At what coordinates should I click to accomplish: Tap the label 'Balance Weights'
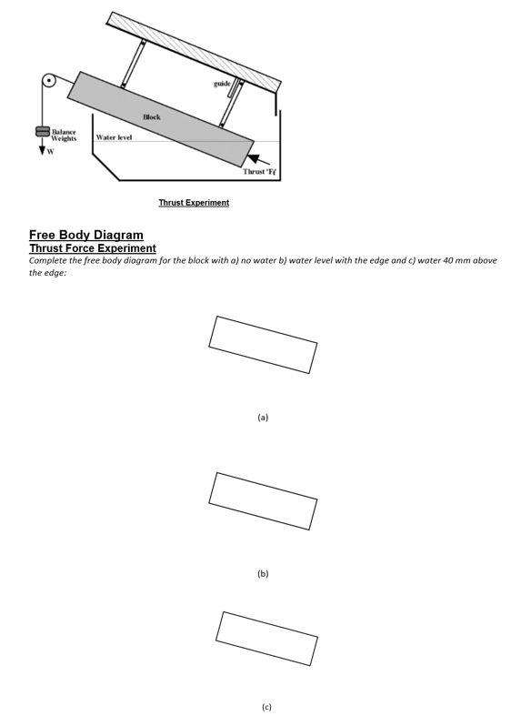63,136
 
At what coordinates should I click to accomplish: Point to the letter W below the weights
50,152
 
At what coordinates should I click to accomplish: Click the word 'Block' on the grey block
152,117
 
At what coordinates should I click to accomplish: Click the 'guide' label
221,83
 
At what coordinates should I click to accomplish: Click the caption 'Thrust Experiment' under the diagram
194,202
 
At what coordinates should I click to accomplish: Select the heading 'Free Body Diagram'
86,235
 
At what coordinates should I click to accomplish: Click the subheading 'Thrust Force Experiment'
93,247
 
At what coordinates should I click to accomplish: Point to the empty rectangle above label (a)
263,344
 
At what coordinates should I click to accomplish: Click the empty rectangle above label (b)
263,500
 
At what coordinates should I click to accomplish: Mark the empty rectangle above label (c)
267,638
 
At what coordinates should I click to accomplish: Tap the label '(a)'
263,417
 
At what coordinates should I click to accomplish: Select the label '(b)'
263,573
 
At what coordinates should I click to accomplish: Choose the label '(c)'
266,706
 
